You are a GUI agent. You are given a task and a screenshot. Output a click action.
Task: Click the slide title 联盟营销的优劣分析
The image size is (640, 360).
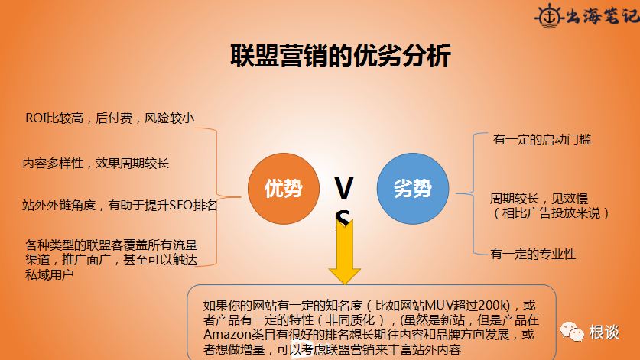tap(340, 57)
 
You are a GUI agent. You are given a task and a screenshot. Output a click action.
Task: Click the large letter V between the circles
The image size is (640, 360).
tap(344, 186)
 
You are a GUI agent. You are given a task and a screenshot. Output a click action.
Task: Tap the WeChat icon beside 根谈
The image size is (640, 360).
tap(571, 332)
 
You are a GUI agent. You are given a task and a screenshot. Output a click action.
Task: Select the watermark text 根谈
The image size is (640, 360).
tap(603, 332)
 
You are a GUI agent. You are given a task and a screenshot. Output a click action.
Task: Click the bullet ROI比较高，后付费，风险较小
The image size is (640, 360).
tap(109, 118)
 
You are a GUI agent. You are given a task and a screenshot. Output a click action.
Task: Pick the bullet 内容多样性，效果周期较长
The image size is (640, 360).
tap(96, 163)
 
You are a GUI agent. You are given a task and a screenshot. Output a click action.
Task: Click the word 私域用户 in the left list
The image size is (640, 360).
tap(50, 274)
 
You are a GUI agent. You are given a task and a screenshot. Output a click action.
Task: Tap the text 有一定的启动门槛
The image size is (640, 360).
tap(541, 140)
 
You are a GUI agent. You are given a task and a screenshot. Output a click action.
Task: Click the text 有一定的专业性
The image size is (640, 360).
tap(533, 254)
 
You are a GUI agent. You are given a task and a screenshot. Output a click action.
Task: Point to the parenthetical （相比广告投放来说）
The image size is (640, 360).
tap(550, 213)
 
